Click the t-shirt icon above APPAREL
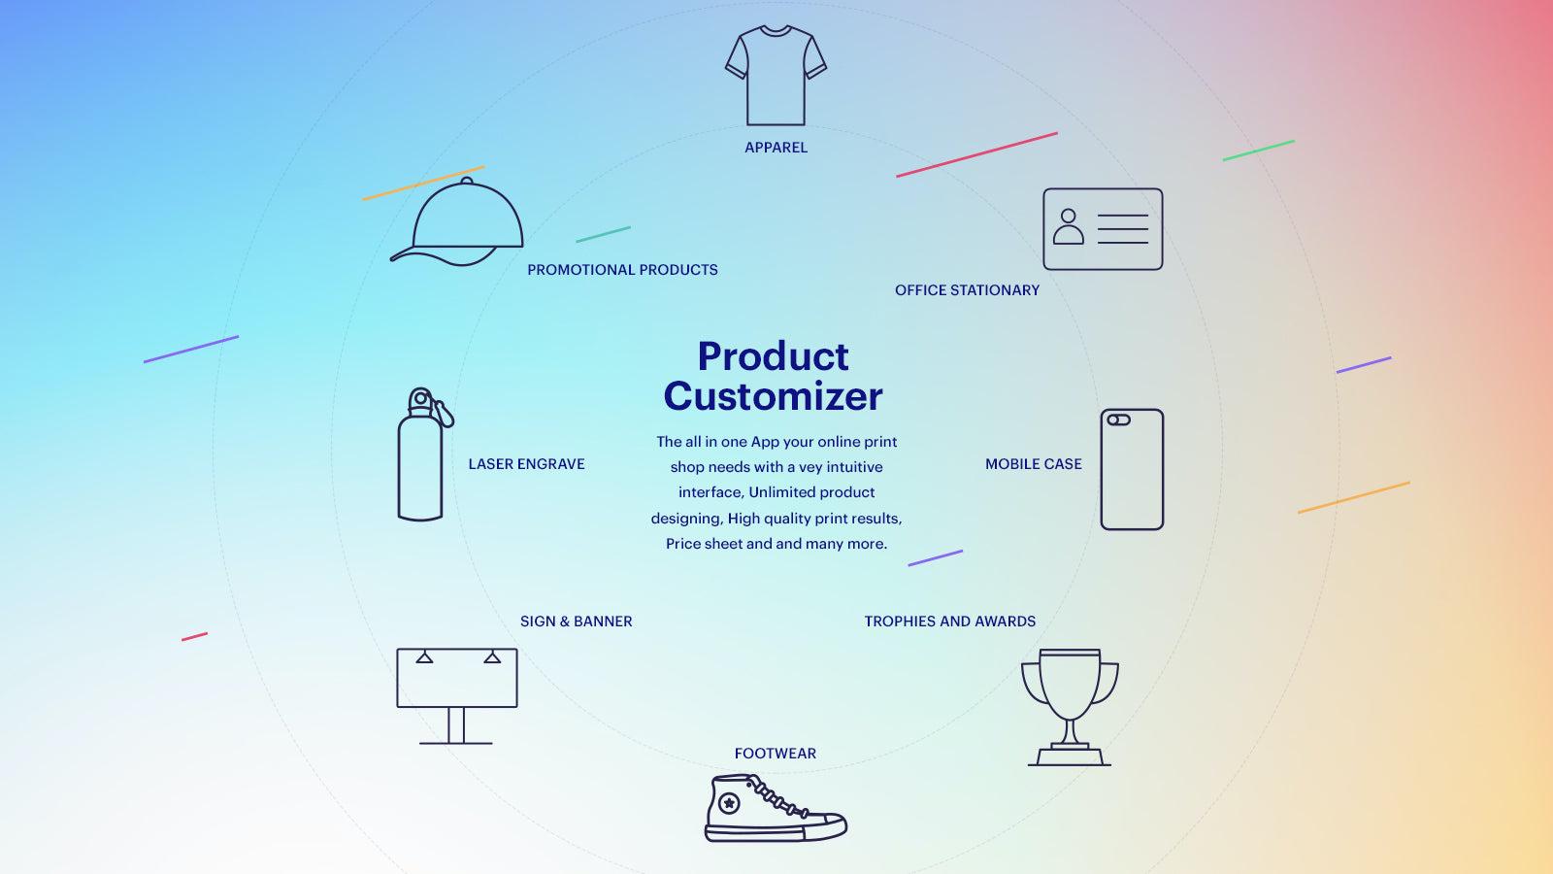[776, 76]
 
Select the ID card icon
[1103, 229]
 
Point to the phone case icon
[1132, 470]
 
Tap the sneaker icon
[774, 809]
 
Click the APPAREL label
[776, 148]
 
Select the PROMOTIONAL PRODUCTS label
[622, 270]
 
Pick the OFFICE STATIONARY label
[967, 290]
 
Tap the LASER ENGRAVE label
[526, 464]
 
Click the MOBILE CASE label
[1033, 464]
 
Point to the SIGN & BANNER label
[576, 622]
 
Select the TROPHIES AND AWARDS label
[949, 622]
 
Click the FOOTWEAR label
[775, 754]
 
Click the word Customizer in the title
[773, 396]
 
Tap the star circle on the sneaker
[728, 803]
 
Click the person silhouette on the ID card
[1068, 227]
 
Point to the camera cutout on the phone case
[1118, 420]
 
